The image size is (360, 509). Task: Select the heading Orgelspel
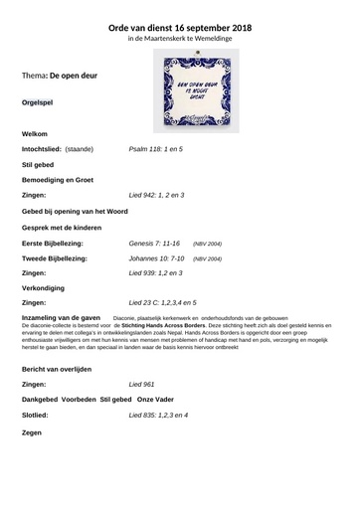click(40, 102)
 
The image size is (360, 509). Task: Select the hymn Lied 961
click(142, 383)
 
